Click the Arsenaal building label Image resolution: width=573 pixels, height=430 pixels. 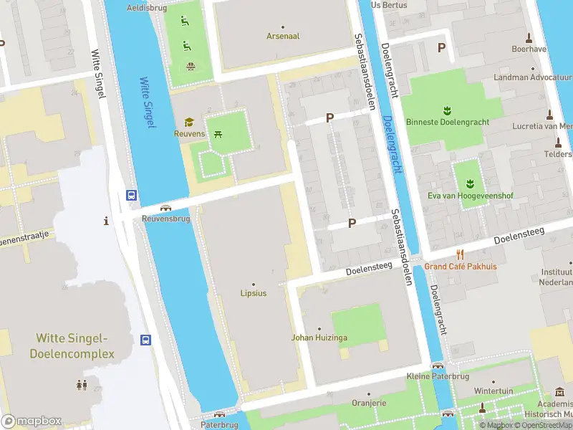pos(283,36)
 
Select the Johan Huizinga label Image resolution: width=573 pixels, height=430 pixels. pos(319,337)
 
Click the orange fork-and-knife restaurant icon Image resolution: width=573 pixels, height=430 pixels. pos(460,254)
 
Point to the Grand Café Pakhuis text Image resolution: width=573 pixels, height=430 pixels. pos(460,267)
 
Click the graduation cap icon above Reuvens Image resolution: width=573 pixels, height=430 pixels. pos(189,123)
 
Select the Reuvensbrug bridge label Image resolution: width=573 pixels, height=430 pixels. pos(165,219)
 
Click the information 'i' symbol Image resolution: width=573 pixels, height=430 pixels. pos(107,221)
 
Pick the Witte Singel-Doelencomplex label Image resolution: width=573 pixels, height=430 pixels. pos(71,345)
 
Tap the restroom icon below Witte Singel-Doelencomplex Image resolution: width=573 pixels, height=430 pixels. pos(82,385)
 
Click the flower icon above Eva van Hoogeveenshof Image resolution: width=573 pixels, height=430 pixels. pos(470,183)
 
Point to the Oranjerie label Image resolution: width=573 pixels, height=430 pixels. pos(368,403)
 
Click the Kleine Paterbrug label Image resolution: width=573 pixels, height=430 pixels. pos(437,376)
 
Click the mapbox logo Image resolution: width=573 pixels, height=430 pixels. pos(32,421)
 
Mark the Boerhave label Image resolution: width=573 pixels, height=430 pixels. pos(529,49)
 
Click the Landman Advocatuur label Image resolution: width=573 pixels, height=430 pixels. pos(533,77)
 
